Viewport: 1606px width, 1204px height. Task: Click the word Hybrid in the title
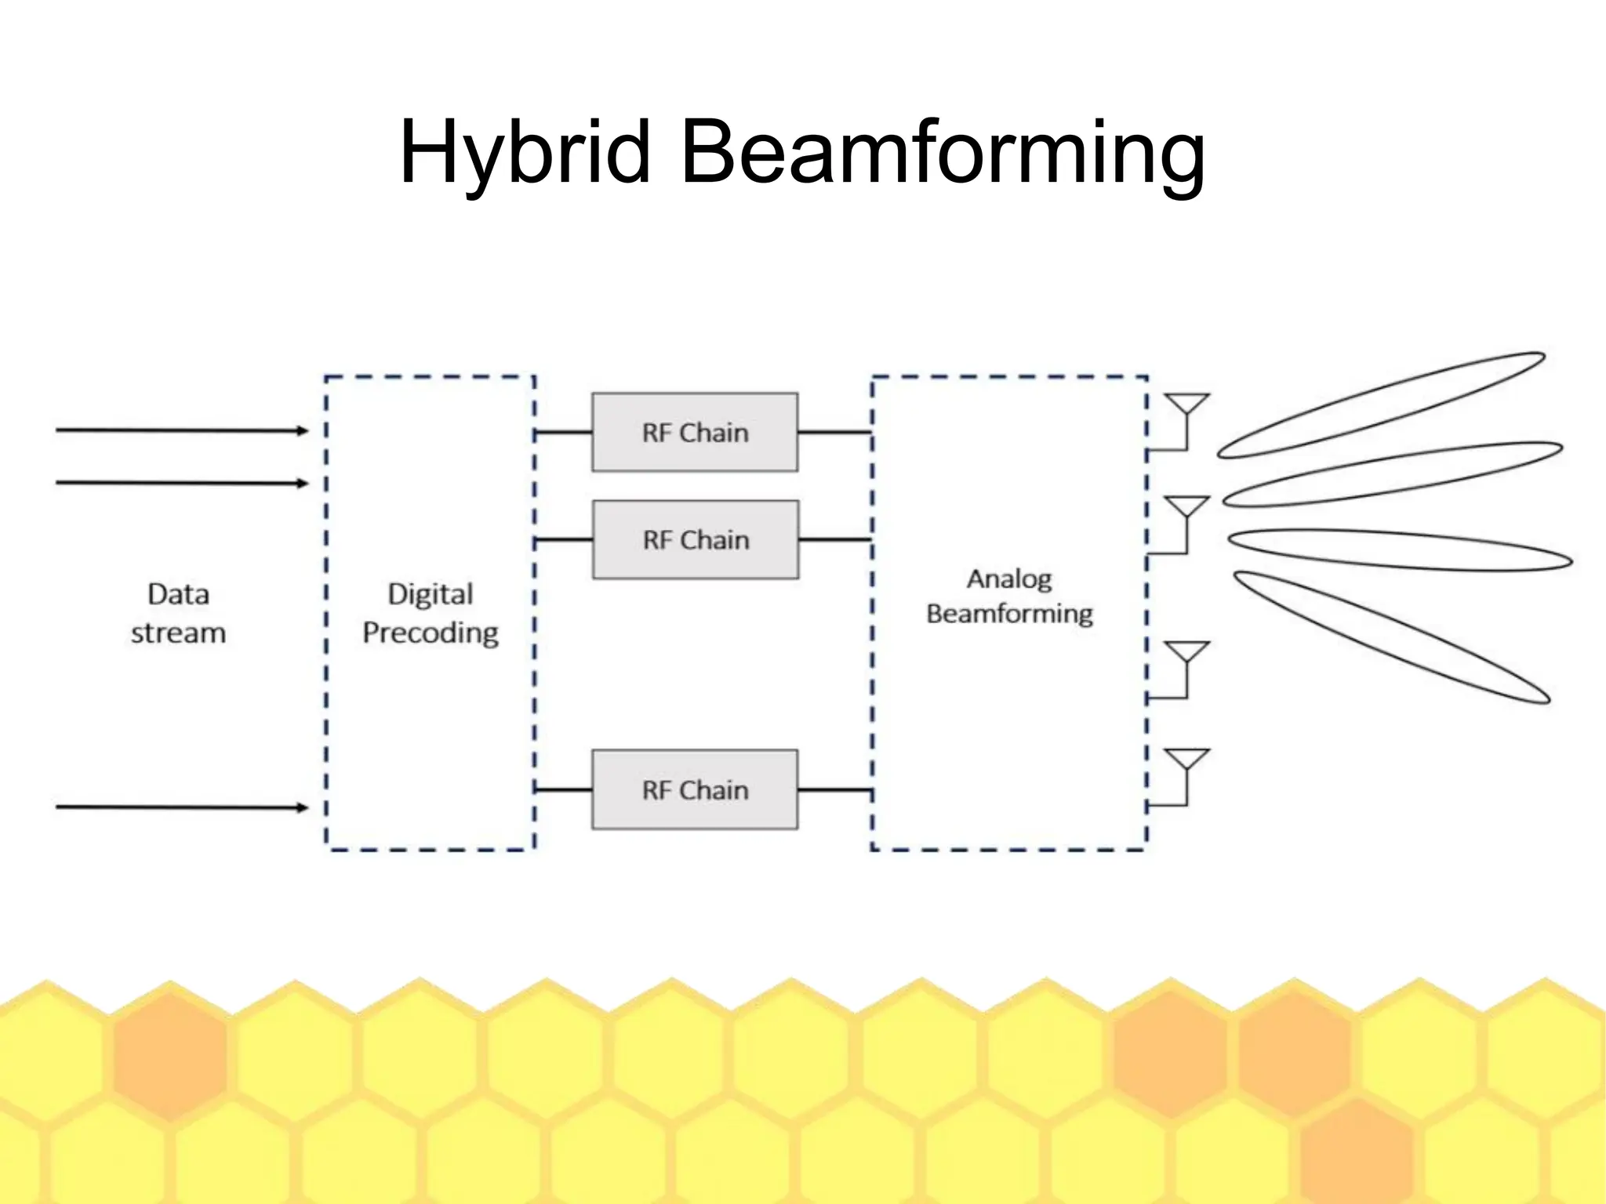pos(524,153)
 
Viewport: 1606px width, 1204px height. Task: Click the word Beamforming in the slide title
pos(942,153)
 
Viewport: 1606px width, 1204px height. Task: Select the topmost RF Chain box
pos(695,432)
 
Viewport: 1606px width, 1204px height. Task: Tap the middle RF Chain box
pos(696,539)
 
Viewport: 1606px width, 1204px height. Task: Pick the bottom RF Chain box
pos(695,789)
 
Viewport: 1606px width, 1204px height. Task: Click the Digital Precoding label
pos(431,613)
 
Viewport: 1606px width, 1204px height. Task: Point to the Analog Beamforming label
pos(1009,596)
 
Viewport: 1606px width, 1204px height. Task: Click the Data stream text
pos(178,613)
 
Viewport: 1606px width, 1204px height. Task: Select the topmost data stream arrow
pos(180,430)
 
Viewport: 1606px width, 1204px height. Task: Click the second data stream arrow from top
pos(180,483)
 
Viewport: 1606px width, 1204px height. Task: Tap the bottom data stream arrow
pos(180,807)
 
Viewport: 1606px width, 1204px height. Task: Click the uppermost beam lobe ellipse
pos(1380,405)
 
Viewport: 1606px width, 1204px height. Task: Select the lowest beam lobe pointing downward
pos(1391,637)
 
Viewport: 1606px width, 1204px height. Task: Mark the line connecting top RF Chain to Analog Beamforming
pos(834,432)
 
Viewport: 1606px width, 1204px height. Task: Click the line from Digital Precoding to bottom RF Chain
pos(563,789)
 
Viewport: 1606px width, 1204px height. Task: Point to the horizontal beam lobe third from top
pos(1400,549)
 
